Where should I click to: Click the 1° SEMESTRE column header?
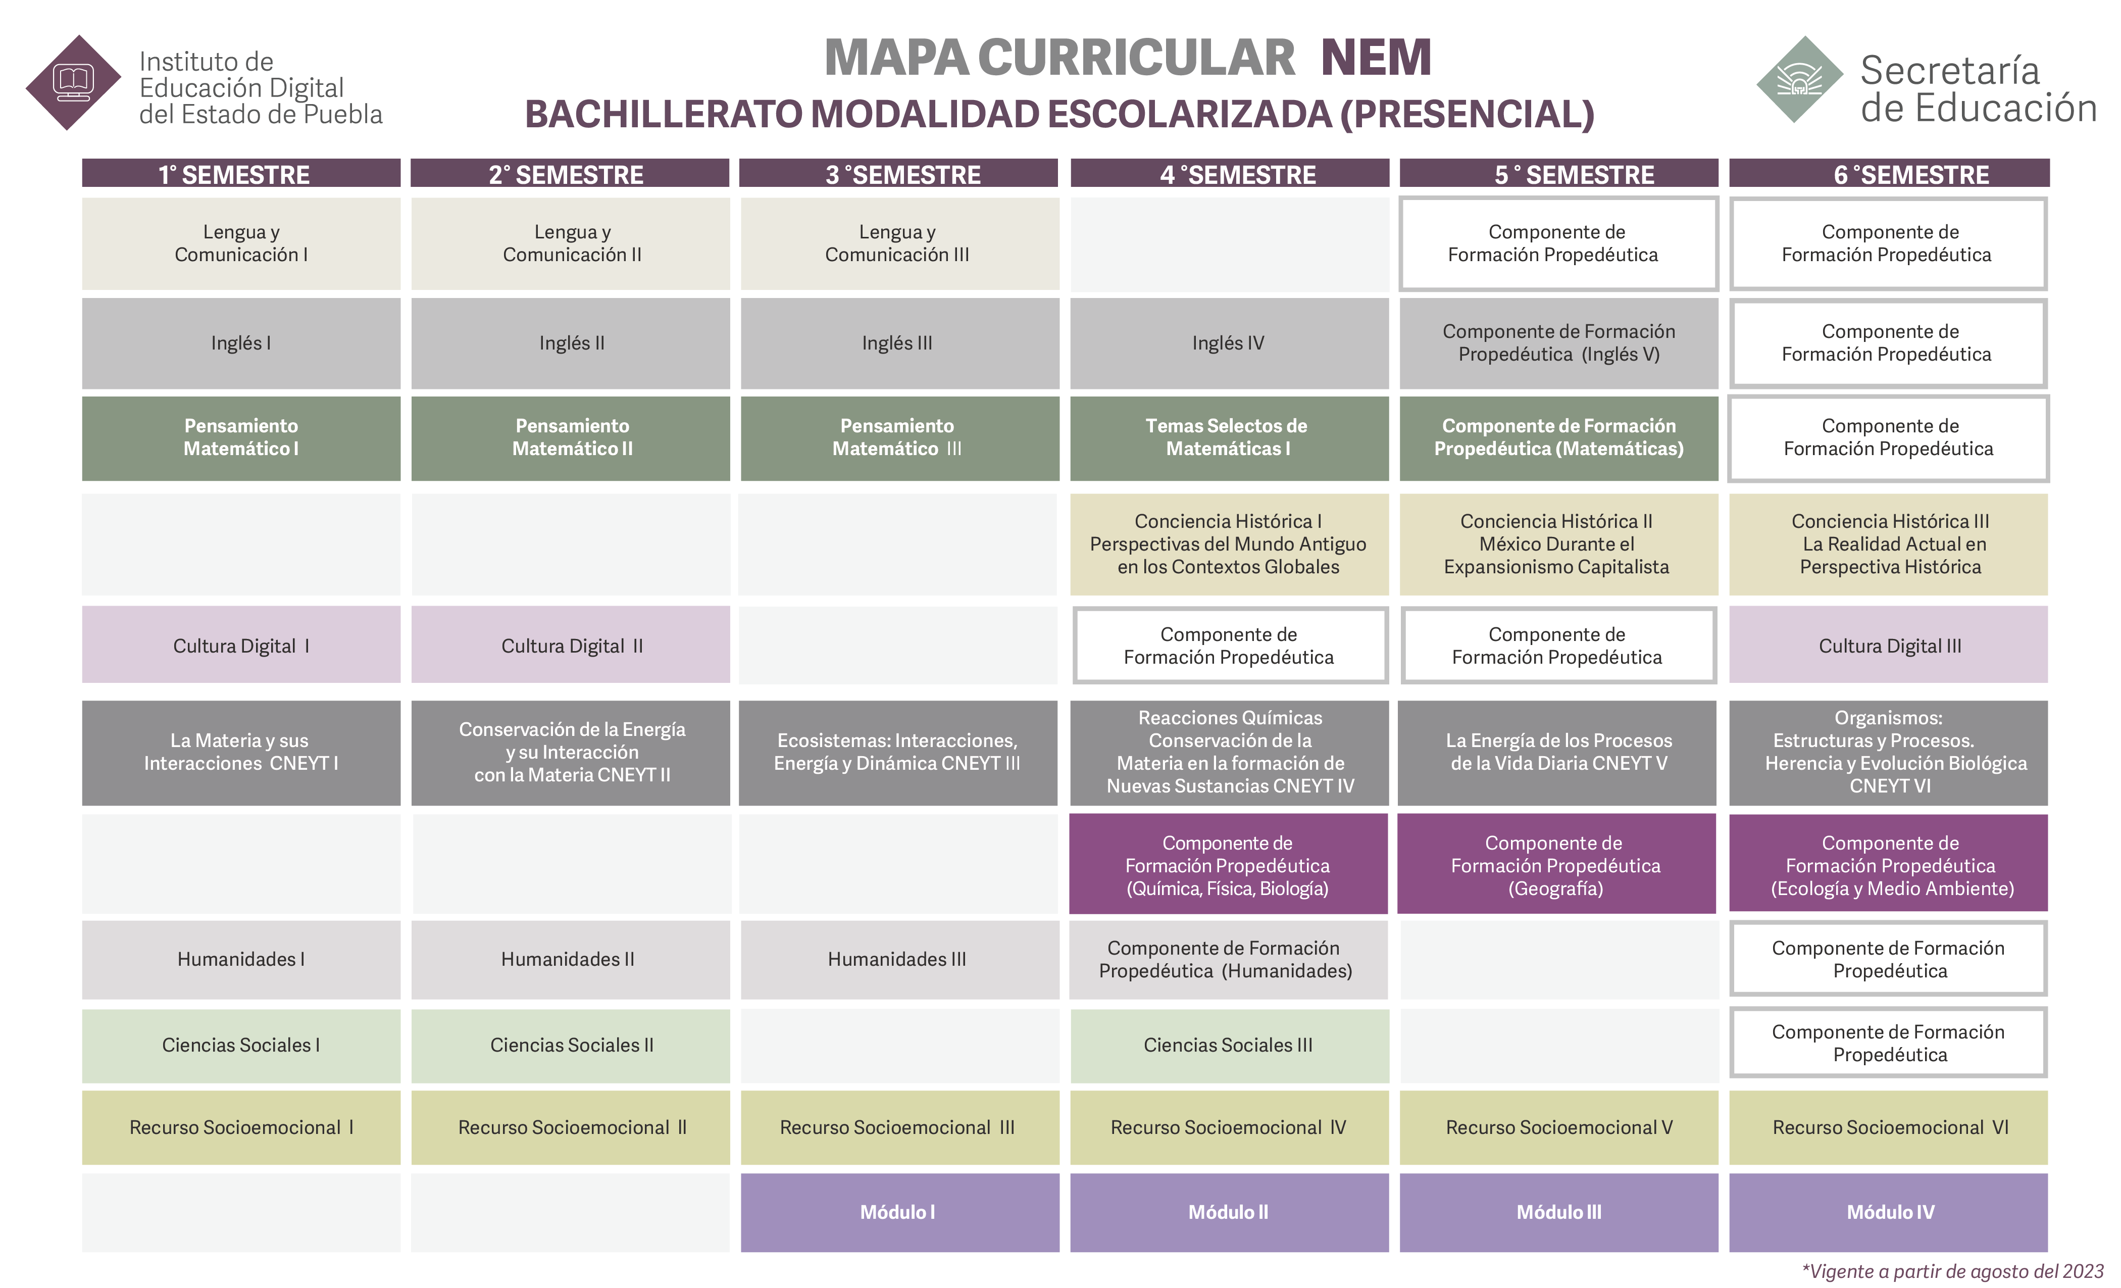pyautogui.click(x=241, y=173)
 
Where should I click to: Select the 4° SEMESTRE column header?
pyautogui.click(x=1229, y=173)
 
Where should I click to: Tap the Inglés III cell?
pyautogui.click(x=899, y=342)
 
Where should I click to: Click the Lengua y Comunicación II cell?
pyautogui.click(x=571, y=243)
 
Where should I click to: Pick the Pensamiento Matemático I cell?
pyautogui.click(x=241, y=437)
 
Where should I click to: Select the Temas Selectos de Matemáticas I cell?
pyautogui.click(x=1229, y=437)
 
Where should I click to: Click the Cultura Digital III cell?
pyautogui.click(x=1889, y=645)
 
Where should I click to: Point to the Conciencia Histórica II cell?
pyautogui.click(x=1558, y=544)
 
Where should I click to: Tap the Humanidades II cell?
pyautogui.click(x=571, y=959)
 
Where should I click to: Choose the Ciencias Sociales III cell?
pyautogui.click(x=1229, y=1045)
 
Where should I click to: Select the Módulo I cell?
pyautogui.click(x=899, y=1212)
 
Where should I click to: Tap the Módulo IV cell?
pyautogui.click(x=1889, y=1212)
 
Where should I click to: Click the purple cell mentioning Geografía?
pyautogui.click(x=1556, y=864)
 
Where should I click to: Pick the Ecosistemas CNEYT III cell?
pyautogui.click(x=898, y=753)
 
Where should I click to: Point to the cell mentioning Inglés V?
pyautogui.click(x=1558, y=342)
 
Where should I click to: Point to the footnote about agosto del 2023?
pyautogui.click(x=1952, y=1272)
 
